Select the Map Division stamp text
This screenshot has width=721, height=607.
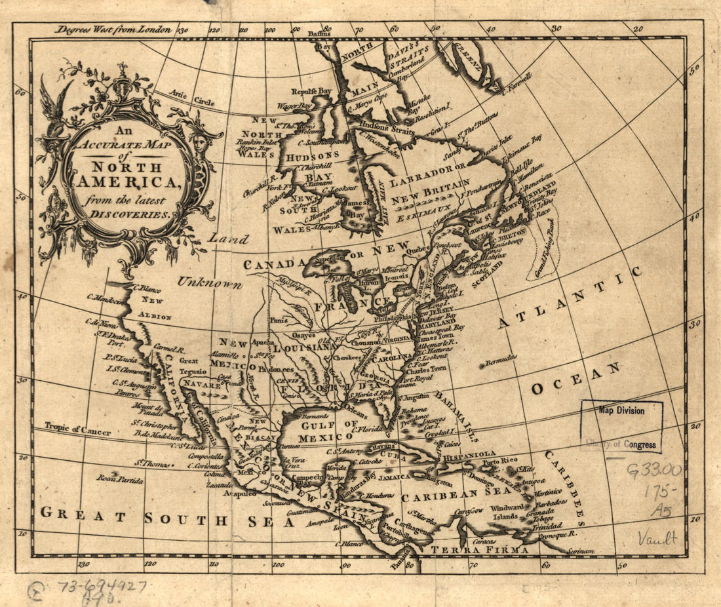click(x=621, y=410)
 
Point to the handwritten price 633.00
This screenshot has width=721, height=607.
click(x=653, y=470)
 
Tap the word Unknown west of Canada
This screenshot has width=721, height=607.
click(x=208, y=283)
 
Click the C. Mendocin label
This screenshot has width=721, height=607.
click(x=105, y=300)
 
